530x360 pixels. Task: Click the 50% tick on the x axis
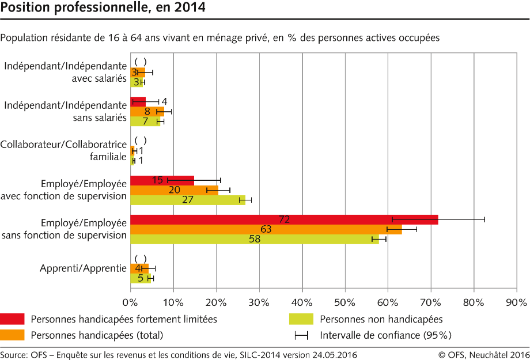(x=344, y=301)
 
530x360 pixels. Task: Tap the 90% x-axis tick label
(x=516, y=301)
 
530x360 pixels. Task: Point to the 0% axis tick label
(x=130, y=301)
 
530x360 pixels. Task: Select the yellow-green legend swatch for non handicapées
(x=301, y=319)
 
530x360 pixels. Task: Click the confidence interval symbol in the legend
(x=301, y=335)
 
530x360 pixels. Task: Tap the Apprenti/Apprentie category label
(x=83, y=268)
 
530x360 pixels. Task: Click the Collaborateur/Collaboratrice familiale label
(x=63, y=150)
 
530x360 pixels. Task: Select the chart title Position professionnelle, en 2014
(x=102, y=8)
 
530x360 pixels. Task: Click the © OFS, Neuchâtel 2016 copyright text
(x=483, y=355)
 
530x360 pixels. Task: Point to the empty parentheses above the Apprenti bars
(x=140, y=259)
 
